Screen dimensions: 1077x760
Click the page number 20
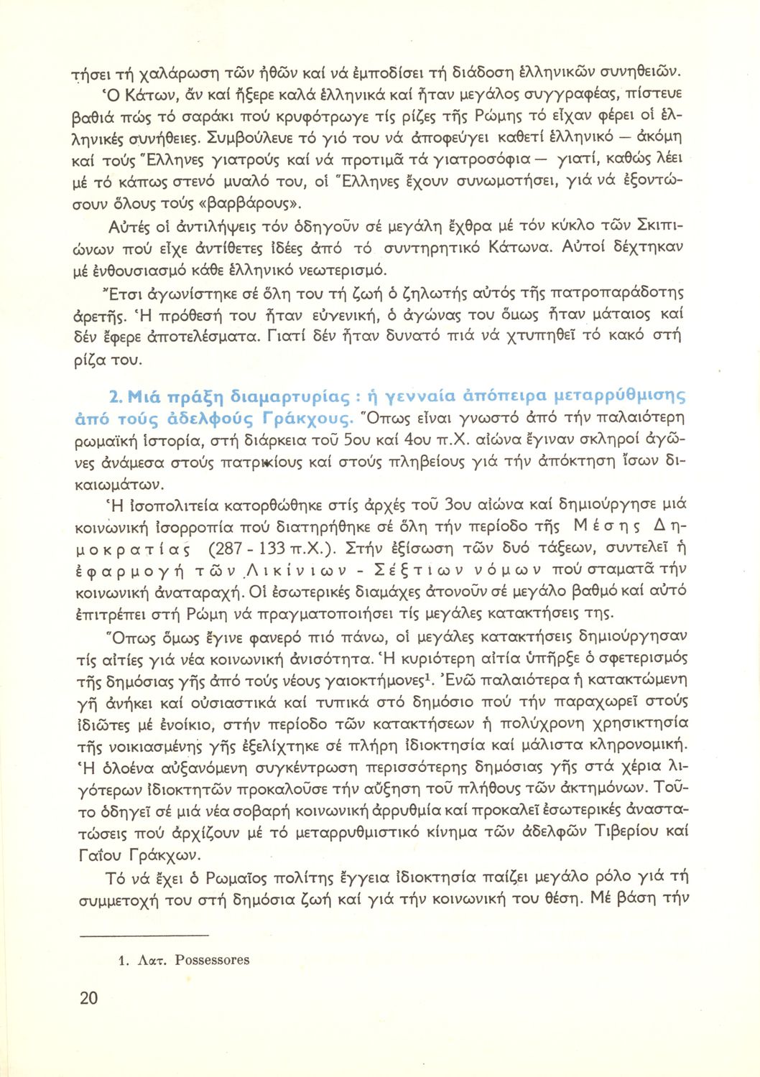point(88,998)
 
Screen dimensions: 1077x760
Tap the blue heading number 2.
point(113,396)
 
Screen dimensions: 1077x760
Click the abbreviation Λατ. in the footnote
point(152,960)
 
